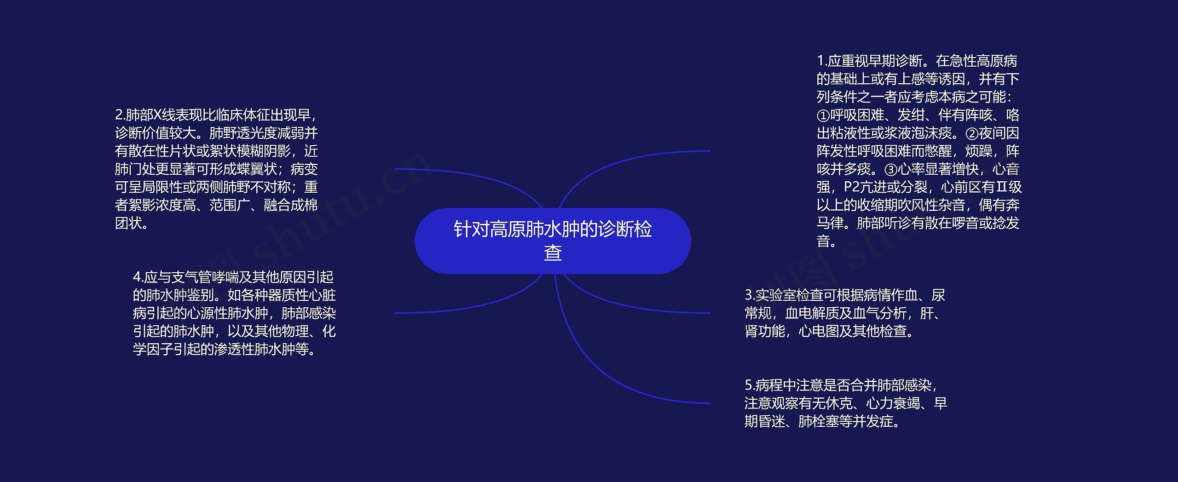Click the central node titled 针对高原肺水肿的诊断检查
click(x=552, y=241)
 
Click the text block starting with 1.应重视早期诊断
click(x=918, y=151)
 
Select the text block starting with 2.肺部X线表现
click(x=216, y=169)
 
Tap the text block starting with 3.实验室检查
click(x=845, y=313)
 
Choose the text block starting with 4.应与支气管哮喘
click(x=234, y=313)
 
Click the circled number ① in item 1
click(x=823, y=115)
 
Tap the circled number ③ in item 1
click(x=891, y=169)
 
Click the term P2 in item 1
click(x=852, y=187)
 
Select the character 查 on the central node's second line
click(x=553, y=252)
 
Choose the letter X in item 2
click(x=157, y=115)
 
